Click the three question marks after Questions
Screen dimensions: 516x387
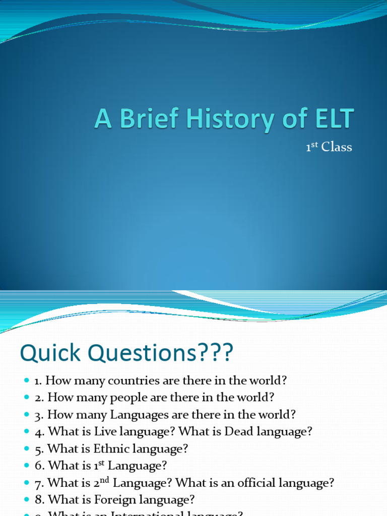(217, 353)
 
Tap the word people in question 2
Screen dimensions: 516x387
(123, 397)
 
